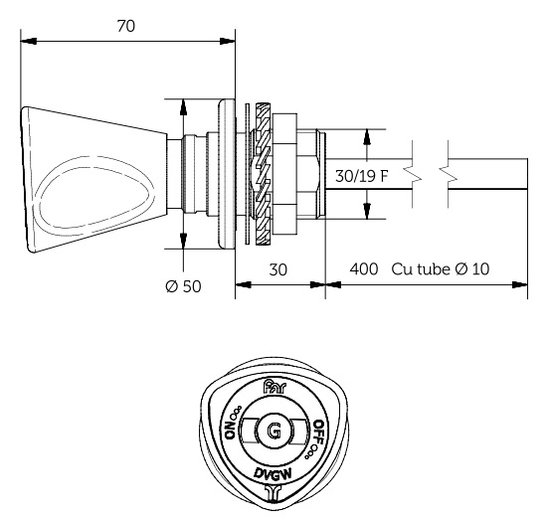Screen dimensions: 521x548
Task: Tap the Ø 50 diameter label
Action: pos(183,286)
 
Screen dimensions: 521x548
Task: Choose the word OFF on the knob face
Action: pos(317,431)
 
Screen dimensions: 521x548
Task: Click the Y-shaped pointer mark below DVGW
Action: pos(274,489)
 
